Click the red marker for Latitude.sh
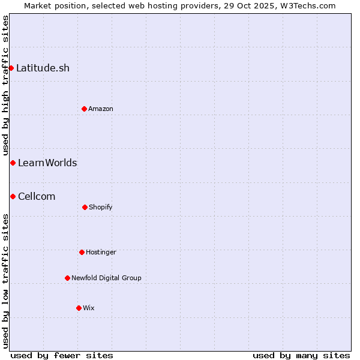click(11, 68)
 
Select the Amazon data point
click(84, 109)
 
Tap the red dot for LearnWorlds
click(13, 163)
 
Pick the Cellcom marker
click(13, 196)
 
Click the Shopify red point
click(85, 207)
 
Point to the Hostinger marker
click(82, 252)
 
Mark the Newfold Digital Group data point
click(67, 278)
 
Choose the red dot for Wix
click(79, 308)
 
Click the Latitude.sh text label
click(43, 68)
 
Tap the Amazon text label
click(101, 109)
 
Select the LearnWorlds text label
click(47, 163)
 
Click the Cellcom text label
click(37, 196)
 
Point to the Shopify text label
click(101, 207)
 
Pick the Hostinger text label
click(101, 252)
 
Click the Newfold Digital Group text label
click(106, 278)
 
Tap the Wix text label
click(89, 308)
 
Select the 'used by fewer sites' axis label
click(62, 355)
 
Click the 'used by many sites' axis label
click(301, 355)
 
